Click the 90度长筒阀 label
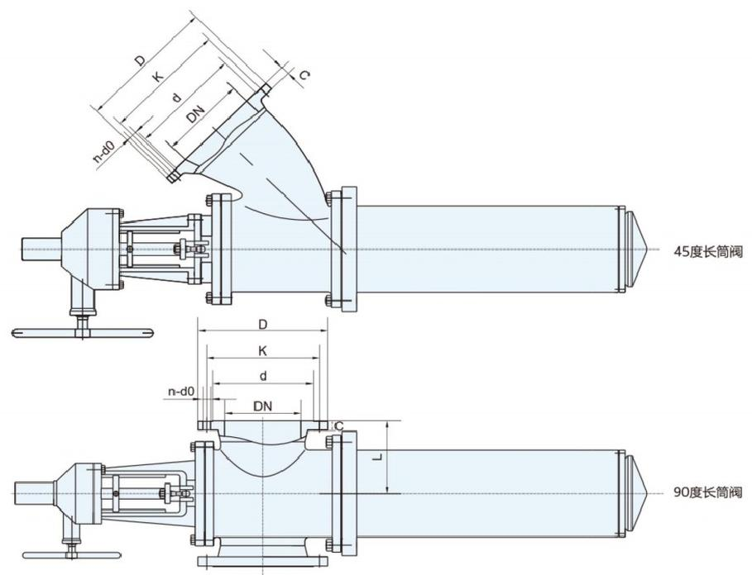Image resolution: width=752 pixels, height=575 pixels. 707,492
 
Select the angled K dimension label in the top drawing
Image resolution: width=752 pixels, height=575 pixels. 156,77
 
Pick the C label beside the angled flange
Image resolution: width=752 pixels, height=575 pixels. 304,75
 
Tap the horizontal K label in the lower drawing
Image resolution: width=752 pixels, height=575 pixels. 262,351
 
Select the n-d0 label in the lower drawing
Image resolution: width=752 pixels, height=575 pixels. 180,391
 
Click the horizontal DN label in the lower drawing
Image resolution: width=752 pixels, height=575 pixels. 262,406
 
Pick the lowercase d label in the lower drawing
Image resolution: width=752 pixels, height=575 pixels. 262,376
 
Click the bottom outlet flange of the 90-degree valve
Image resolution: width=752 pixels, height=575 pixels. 262,563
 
